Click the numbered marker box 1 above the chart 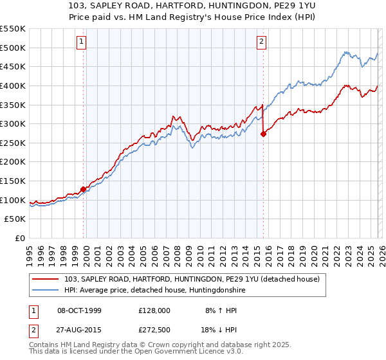[82, 42]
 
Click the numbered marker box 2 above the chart [262, 42]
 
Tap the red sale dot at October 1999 [83, 189]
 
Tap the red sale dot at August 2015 [263, 134]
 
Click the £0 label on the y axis [21, 239]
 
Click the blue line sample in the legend [46, 290]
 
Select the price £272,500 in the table [154, 329]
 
